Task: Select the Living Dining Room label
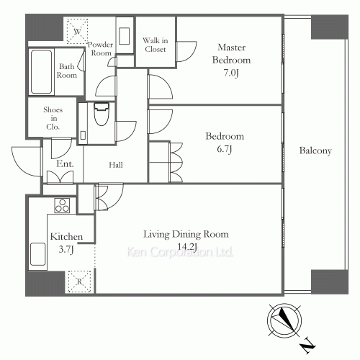click(x=186, y=234)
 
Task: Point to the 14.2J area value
click(x=186, y=246)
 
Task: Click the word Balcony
click(x=315, y=151)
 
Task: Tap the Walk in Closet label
click(x=155, y=45)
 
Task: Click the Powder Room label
click(x=99, y=49)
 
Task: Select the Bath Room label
click(x=67, y=71)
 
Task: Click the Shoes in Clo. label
click(x=53, y=118)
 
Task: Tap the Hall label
click(x=115, y=165)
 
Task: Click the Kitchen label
click(x=66, y=237)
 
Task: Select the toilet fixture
click(x=100, y=113)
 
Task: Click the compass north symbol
click(x=282, y=320)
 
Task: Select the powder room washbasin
click(x=123, y=36)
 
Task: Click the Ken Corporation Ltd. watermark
click(x=180, y=253)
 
